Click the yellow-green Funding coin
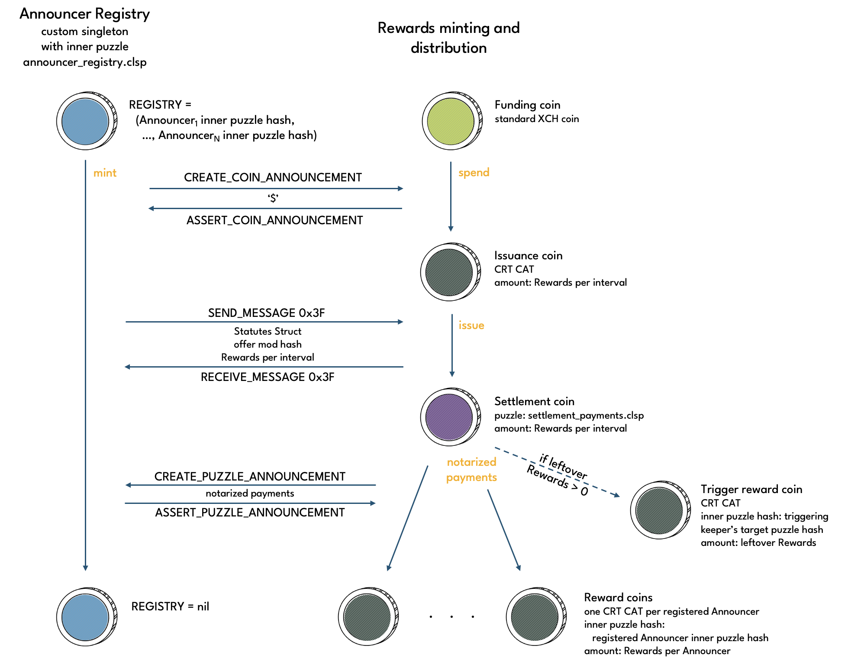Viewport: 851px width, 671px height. [x=451, y=121]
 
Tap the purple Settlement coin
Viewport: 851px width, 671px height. [x=449, y=417]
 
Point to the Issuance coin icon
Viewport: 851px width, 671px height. [x=449, y=272]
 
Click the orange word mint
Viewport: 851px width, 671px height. [x=105, y=173]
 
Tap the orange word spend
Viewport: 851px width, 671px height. [x=474, y=173]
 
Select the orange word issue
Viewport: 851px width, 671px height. [x=471, y=326]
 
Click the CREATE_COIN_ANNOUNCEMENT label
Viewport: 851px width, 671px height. [x=273, y=177]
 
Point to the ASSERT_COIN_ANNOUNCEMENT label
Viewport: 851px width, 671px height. [x=274, y=220]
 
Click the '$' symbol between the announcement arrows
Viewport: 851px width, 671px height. [x=273, y=199]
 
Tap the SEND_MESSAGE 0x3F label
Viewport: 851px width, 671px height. [x=266, y=313]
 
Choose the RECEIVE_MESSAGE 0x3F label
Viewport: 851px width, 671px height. [x=268, y=377]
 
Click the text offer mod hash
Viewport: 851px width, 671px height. [x=268, y=345]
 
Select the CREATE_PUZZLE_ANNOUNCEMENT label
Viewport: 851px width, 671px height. [x=250, y=477]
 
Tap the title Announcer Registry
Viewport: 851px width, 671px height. [x=84, y=14]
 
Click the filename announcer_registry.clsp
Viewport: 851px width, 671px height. [x=84, y=62]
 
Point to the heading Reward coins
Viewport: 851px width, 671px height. [x=618, y=598]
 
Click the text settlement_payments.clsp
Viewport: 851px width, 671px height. [x=586, y=416]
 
